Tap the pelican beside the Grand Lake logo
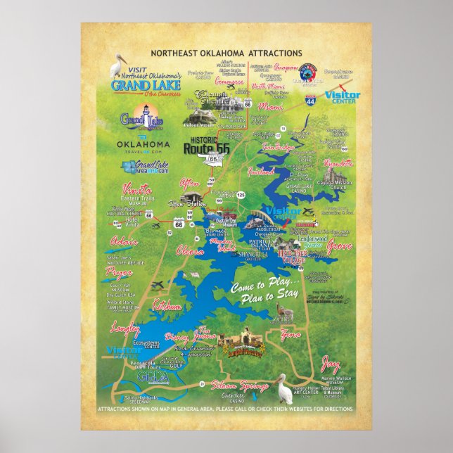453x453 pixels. point(117,65)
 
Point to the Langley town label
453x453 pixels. point(126,328)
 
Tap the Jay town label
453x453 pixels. point(330,365)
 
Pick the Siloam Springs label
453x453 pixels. point(241,386)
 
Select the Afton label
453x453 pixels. point(190,183)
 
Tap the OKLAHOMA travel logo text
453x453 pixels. point(143,144)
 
